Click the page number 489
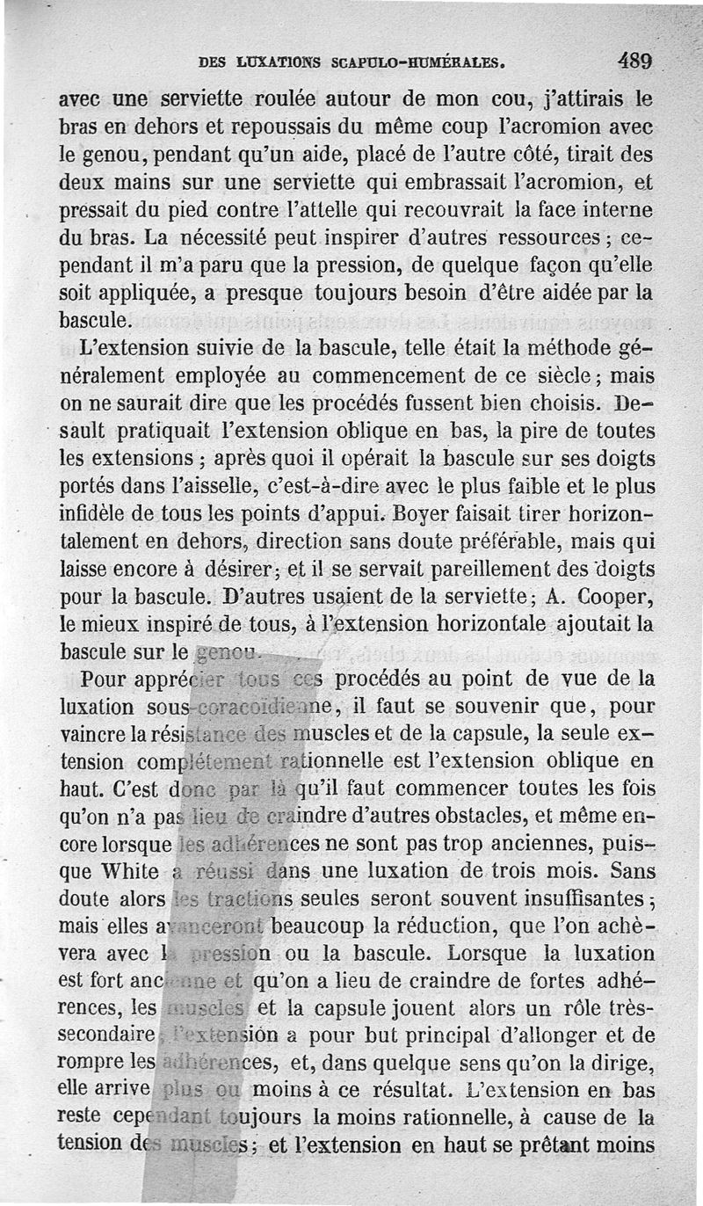(x=634, y=62)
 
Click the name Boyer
(x=424, y=513)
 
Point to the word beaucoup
(x=315, y=928)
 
